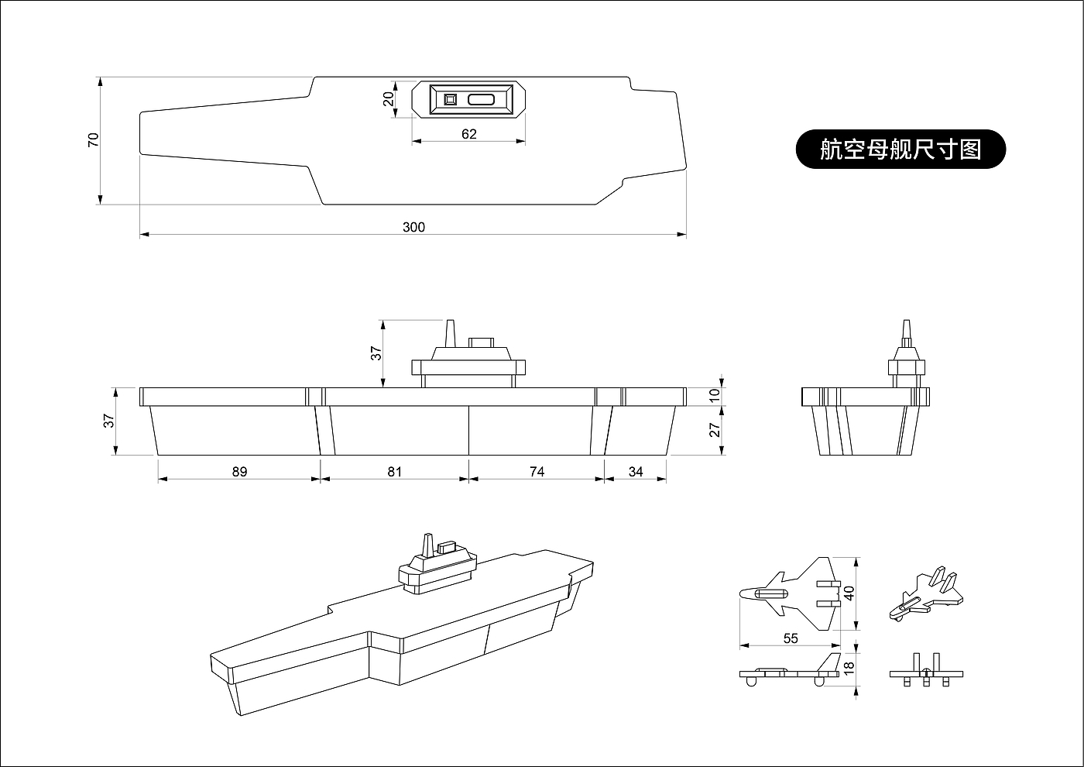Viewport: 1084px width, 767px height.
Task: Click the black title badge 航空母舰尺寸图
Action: point(900,149)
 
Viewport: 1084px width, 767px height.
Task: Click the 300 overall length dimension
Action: point(413,227)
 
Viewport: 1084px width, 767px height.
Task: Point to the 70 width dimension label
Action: point(94,140)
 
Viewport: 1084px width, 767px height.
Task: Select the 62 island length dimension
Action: point(469,134)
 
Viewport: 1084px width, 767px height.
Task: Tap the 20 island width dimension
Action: point(389,99)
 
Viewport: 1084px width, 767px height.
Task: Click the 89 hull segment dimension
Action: point(239,472)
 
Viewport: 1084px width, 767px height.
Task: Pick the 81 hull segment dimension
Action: point(395,472)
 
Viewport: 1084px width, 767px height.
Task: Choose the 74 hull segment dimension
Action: point(537,472)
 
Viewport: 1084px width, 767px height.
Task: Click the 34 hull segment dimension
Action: point(636,472)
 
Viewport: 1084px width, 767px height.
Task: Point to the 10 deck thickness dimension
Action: point(715,396)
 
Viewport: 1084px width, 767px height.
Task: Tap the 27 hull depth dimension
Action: point(715,430)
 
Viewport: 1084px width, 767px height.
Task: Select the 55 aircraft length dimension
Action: point(791,638)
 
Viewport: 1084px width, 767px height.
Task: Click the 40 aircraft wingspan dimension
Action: point(849,593)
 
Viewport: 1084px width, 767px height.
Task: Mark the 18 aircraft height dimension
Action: point(849,669)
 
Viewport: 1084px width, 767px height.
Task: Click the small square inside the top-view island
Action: point(450,100)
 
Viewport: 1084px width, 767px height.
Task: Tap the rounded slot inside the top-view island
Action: point(481,100)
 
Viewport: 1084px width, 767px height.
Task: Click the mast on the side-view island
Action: point(450,333)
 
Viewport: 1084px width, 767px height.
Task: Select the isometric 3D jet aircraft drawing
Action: point(926,594)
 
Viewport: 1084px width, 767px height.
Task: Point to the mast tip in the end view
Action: point(907,321)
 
